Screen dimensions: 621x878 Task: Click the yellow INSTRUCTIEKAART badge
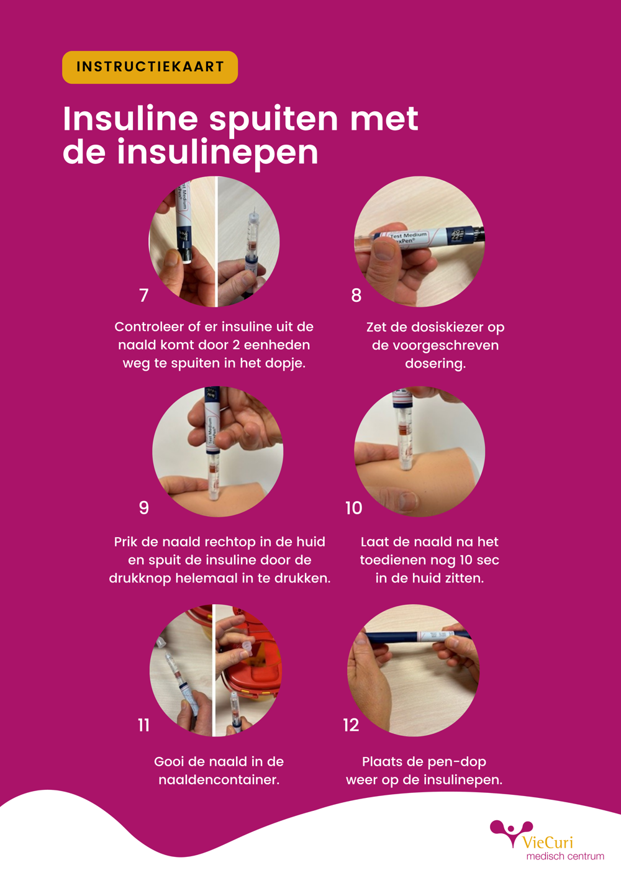pyautogui.click(x=150, y=67)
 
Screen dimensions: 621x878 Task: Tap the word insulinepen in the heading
pyautogui.click(x=217, y=152)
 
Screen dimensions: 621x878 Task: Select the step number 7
pyautogui.click(x=144, y=295)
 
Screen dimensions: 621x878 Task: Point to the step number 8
pyautogui.click(x=356, y=295)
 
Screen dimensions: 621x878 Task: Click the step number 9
pyautogui.click(x=144, y=507)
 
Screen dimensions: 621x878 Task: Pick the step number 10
pyautogui.click(x=353, y=508)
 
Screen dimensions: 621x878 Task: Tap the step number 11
pyautogui.click(x=144, y=725)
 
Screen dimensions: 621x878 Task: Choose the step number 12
pyautogui.click(x=351, y=725)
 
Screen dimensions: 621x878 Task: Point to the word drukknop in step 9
pyautogui.click(x=140, y=578)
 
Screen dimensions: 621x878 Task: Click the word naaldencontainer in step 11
pyautogui.click(x=219, y=780)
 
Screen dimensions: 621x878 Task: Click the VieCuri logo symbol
pyautogui.click(x=510, y=831)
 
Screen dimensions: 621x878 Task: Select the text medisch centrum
pyautogui.click(x=565, y=856)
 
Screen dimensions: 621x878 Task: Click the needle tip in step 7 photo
pyautogui.click(x=255, y=209)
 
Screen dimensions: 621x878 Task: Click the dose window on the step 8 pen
pyautogui.click(x=456, y=235)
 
